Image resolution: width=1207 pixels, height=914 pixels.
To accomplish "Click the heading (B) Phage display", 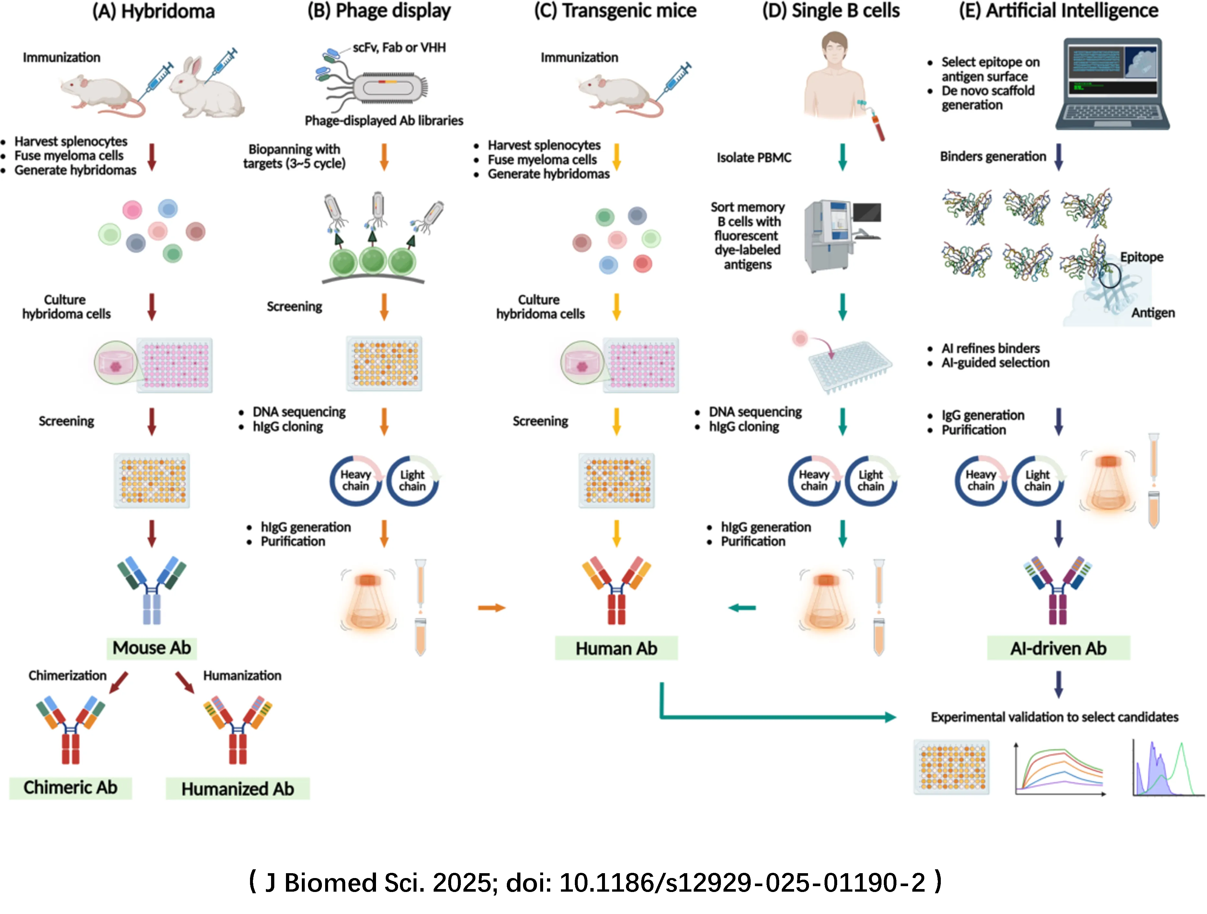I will pos(379,11).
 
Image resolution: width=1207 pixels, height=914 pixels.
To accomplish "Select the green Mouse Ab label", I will pos(151,648).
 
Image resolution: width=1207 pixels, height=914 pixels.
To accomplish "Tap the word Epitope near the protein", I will pos(1142,257).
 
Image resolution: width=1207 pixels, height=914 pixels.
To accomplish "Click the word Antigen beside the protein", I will pos(1153,313).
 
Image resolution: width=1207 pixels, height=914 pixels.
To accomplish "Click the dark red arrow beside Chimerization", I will pos(119,682).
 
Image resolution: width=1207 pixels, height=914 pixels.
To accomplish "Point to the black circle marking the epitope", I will pos(1109,276).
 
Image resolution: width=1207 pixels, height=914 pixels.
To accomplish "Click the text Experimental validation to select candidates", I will pos(1054,717).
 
